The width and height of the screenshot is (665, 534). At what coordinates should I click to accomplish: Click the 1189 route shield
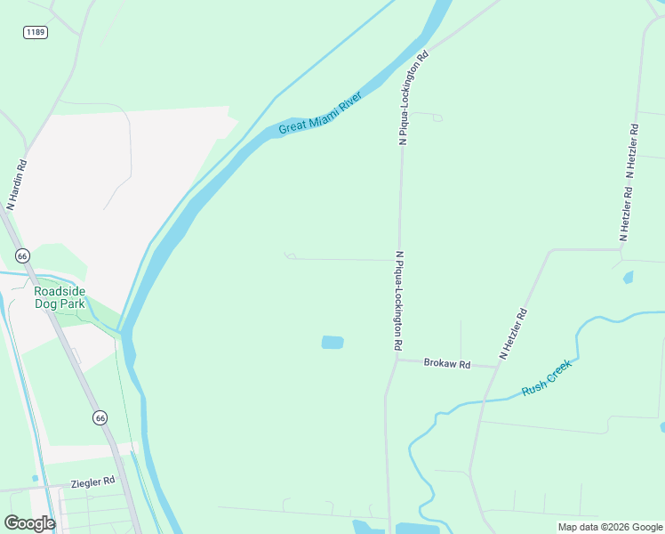36,32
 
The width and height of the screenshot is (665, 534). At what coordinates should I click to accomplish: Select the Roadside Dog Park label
60,297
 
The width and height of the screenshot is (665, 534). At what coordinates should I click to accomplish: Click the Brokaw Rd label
446,363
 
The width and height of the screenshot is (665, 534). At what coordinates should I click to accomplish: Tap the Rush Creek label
547,377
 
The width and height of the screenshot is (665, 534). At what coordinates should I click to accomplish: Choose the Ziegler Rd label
93,481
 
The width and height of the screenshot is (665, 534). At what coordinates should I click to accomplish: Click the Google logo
29,523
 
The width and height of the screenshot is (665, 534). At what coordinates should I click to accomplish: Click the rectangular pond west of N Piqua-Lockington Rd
332,343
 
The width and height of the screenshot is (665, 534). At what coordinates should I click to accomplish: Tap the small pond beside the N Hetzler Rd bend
629,278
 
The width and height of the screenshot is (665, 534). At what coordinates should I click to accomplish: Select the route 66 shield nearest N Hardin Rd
23,255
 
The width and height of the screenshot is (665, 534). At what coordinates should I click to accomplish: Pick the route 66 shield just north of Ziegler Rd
100,417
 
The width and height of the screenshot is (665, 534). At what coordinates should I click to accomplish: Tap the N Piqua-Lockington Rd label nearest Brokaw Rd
398,300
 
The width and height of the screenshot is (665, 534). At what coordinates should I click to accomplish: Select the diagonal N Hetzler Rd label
514,334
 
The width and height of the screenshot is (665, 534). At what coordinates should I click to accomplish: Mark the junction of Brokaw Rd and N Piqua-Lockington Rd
394,360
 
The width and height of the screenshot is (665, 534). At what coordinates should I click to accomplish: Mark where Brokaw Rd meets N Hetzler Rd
494,366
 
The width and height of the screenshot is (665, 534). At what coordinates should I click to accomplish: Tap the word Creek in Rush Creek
559,370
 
